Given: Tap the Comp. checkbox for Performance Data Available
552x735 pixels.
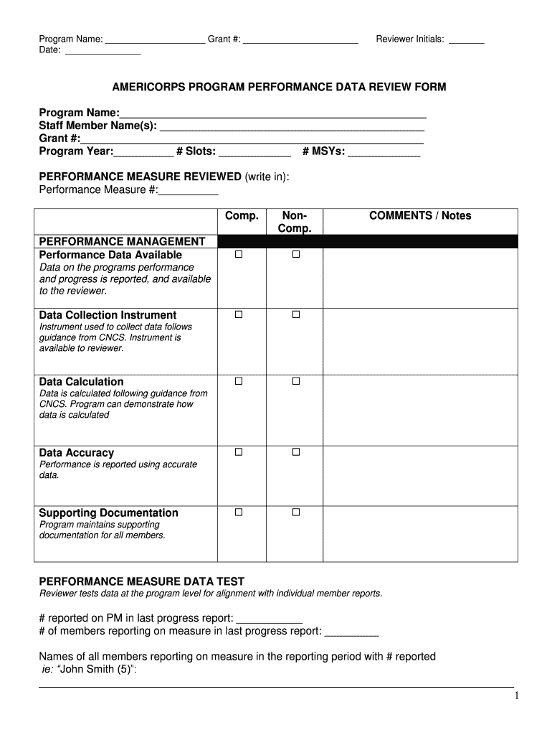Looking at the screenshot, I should (x=239, y=255).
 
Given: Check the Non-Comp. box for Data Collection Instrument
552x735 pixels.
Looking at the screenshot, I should (x=295, y=315).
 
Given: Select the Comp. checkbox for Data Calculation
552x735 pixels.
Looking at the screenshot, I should (x=239, y=382).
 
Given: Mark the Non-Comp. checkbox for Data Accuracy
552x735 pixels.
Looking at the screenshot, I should (x=295, y=452).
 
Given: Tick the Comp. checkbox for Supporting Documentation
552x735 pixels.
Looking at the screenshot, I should (x=239, y=512).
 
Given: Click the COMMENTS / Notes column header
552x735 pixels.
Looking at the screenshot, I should (x=420, y=216).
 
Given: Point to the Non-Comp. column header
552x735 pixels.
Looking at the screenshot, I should (x=295, y=222).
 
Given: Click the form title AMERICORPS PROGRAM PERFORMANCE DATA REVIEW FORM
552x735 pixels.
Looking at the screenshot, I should (x=279, y=87).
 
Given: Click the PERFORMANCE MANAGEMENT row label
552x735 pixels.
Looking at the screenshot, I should (x=122, y=241).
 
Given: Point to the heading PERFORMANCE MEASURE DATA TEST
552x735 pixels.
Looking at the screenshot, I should (x=141, y=581).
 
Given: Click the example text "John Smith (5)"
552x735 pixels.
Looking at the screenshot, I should (x=97, y=670).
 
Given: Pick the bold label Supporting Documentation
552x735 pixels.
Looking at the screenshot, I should (x=108, y=512).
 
